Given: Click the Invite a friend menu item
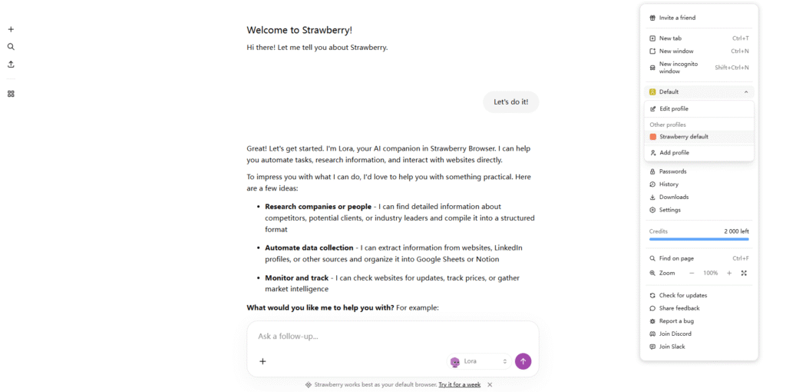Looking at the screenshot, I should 677,18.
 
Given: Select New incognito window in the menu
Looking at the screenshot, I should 679,68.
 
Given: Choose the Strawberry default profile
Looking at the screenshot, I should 683,137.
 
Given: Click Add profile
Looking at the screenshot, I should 674,153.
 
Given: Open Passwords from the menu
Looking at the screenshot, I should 672,171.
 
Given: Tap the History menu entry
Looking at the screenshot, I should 669,184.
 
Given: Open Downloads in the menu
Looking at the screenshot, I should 673,198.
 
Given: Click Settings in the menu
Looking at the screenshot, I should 669,210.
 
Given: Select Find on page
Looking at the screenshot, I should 676,258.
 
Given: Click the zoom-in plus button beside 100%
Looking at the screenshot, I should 729,273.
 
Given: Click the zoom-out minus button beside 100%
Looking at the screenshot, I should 692,273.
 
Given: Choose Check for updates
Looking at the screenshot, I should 682,295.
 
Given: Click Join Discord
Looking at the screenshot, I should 675,334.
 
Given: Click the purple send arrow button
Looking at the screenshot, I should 523,361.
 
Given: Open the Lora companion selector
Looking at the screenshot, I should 480,361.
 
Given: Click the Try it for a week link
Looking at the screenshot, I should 460,384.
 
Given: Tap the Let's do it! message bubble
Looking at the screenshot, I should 510,102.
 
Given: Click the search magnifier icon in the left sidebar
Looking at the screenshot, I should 11,47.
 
